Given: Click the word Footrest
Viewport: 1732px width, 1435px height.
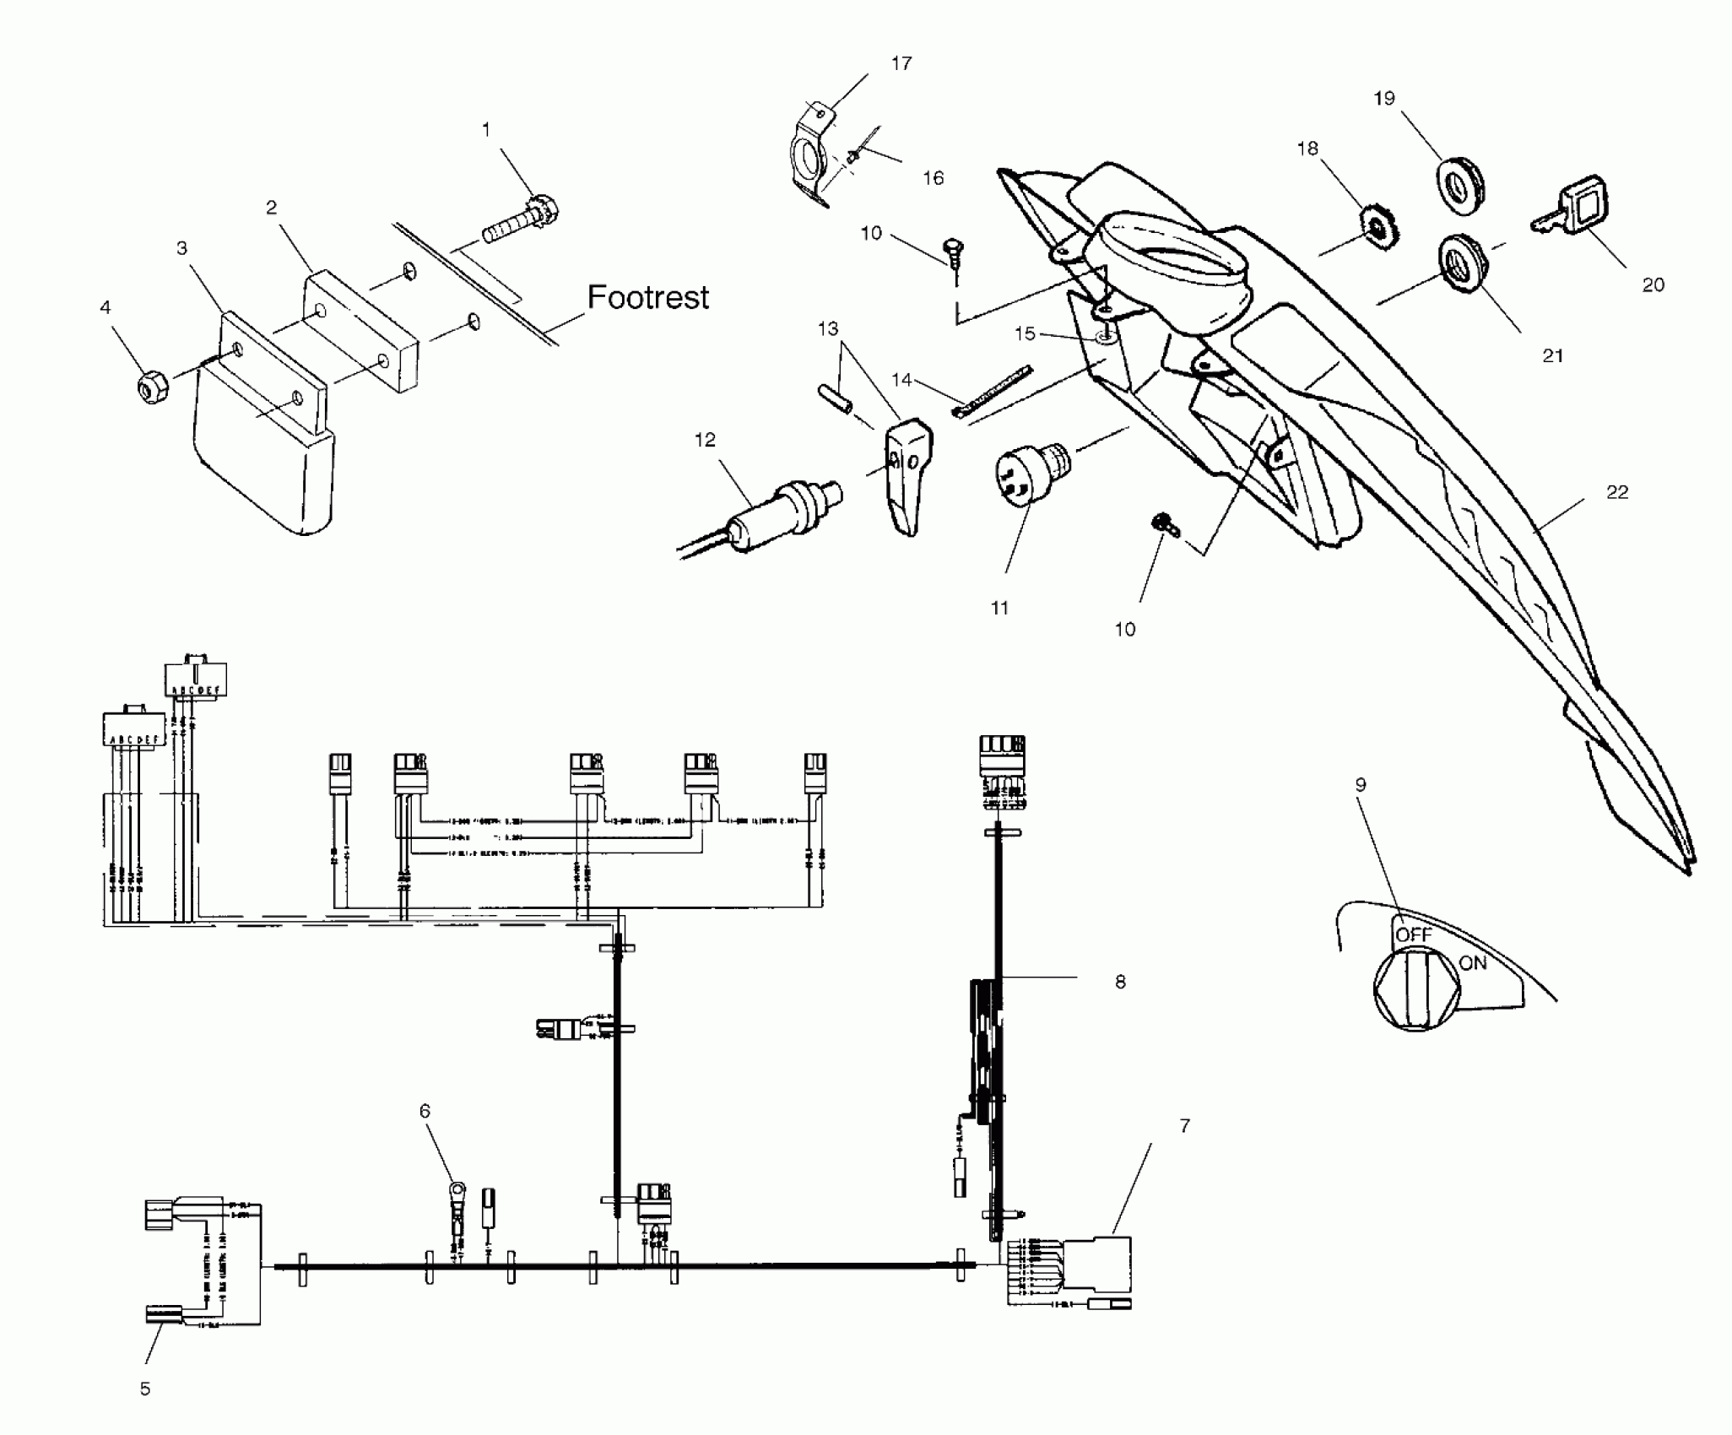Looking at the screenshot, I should click(647, 297).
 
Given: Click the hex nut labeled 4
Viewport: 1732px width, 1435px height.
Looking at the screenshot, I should click(152, 388).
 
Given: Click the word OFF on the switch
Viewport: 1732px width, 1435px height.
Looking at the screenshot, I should click(1414, 934).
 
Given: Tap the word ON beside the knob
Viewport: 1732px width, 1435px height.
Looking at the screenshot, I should click(1473, 962).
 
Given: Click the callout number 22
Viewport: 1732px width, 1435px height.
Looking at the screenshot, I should click(1617, 491).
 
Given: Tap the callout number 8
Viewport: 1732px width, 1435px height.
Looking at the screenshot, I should click(1120, 982).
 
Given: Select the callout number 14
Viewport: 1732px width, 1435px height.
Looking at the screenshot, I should click(901, 380).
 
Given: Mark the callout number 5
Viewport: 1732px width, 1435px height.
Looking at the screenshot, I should click(145, 1389).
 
